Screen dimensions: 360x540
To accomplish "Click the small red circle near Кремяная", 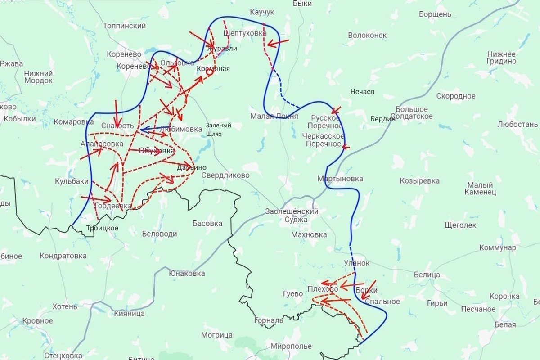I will tap(209, 72).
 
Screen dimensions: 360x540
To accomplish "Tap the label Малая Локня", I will tap(274, 116).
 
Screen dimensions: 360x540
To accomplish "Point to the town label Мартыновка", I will tap(340, 179).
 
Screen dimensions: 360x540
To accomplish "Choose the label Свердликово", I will tap(225, 175).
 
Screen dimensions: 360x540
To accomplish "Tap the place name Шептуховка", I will tap(245, 33).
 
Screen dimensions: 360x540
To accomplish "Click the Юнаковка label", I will tap(187, 273).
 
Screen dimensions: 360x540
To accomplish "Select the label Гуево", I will tap(292, 294).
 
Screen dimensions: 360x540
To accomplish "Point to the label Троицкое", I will tap(102, 228).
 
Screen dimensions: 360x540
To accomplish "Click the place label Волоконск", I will tap(367, 35).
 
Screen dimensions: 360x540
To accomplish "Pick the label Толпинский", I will tap(124, 26).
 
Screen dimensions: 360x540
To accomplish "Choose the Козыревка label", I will tap(419, 181).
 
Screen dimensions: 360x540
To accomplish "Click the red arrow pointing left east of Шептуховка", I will tap(278, 43).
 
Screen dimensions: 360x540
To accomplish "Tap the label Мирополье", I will tap(291, 346).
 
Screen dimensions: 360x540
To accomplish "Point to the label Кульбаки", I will tap(72, 181).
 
